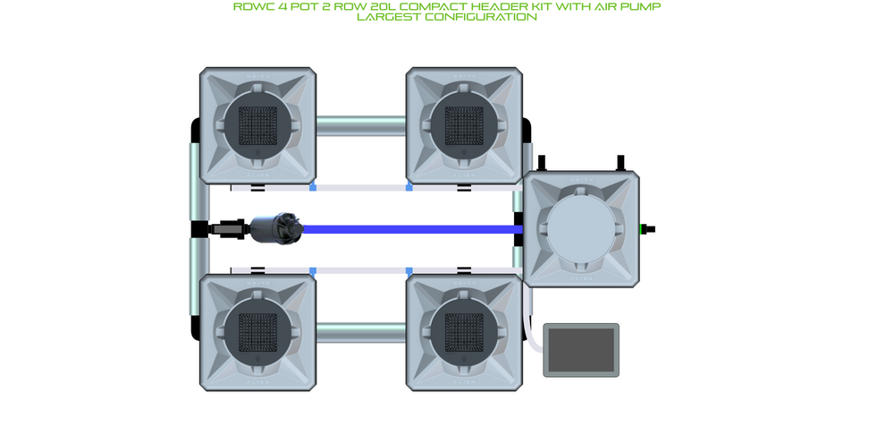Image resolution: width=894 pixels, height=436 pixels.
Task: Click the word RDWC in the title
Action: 255,6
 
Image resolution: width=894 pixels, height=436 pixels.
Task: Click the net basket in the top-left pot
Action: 257,124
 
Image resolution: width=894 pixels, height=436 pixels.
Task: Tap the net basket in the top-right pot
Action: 464,124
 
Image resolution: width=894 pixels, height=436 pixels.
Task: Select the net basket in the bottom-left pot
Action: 257,331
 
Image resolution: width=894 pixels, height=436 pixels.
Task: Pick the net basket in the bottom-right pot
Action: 464,331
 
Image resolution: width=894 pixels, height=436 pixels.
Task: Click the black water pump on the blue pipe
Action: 276,228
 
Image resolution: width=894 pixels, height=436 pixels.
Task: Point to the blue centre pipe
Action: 411,229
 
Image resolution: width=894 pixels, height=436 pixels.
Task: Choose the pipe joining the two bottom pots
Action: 360,331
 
